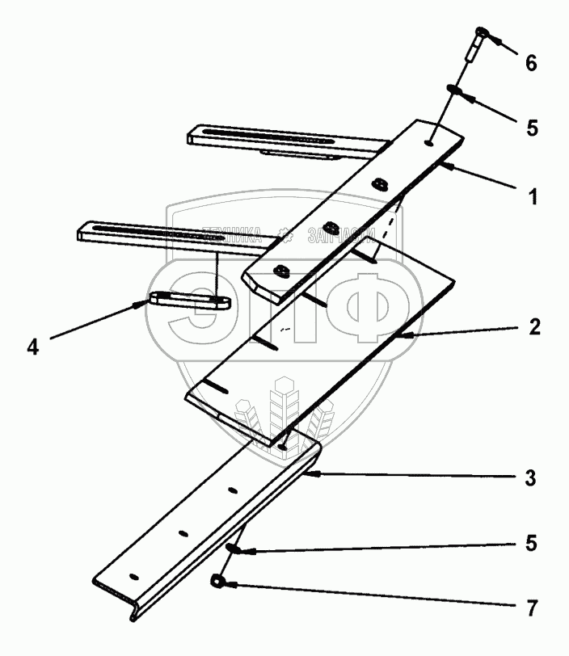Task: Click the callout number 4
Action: (32, 347)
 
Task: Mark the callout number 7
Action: (529, 603)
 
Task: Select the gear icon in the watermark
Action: (284, 237)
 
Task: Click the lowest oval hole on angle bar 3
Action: (134, 575)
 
